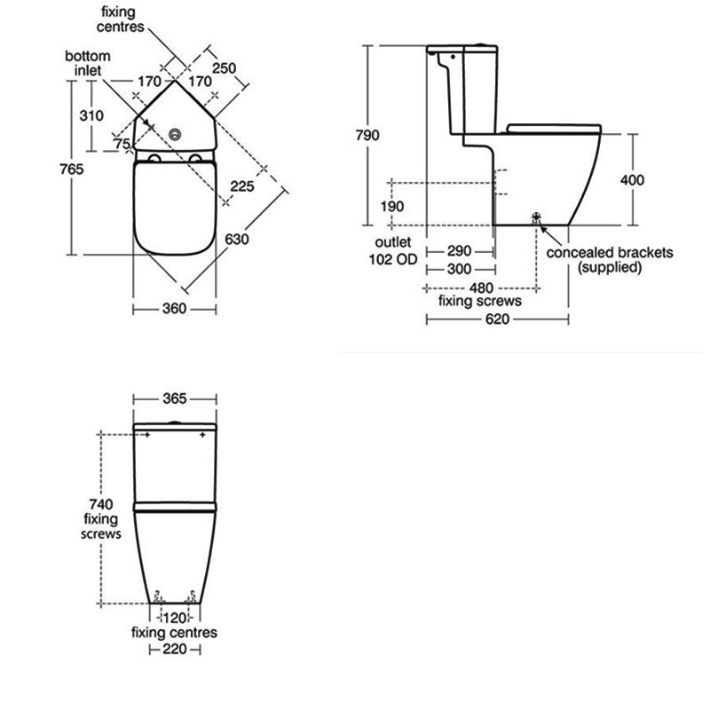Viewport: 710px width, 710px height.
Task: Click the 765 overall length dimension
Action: point(72,169)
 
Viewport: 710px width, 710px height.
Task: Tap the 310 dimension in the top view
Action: point(91,115)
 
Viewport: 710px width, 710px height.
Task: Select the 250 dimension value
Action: point(225,68)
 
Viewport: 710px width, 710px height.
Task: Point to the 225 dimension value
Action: point(242,185)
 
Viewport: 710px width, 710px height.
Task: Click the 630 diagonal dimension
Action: point(237,239)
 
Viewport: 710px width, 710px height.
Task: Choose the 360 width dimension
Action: point(174,308)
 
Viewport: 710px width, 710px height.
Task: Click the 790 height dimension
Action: point(367,135)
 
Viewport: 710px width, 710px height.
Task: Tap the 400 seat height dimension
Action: point(632,180)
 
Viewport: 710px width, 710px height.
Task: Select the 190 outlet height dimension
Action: point(392,207)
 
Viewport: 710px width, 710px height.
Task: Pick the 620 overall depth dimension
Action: point(497,319)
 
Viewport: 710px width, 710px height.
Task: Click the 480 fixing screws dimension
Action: point(481,288)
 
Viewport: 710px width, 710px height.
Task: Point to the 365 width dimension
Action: point(174,398)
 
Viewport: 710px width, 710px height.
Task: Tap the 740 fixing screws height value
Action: point(101,504)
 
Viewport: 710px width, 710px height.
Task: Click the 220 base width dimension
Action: point(174,650)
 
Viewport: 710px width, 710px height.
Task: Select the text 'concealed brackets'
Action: point(610,252)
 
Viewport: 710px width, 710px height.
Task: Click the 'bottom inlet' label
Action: point(88,63)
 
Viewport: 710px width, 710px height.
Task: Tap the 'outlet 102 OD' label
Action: point(393,250)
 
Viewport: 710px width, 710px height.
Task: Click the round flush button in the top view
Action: point(175,134)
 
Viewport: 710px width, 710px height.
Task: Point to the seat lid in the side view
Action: point(554,129)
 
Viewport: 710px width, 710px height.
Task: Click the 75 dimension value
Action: point(122,144)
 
